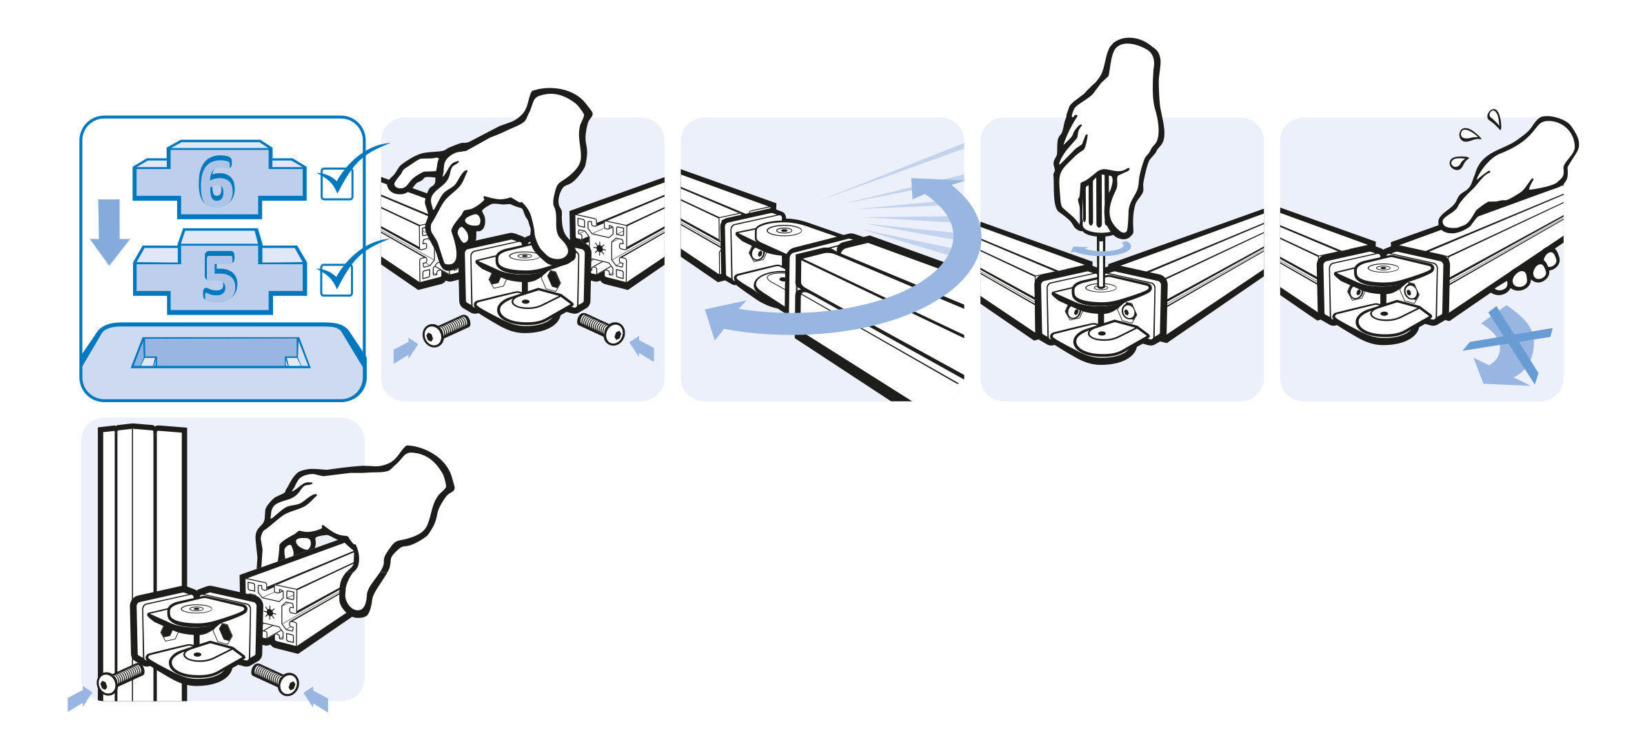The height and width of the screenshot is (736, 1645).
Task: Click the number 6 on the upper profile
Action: point(216,181)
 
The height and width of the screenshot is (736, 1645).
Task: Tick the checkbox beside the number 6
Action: point(337,184)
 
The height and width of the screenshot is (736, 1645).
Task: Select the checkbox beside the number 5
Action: point(336,280)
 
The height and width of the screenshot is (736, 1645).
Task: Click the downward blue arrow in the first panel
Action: point(110,232)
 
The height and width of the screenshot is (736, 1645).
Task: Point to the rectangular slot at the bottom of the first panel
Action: point(221,352)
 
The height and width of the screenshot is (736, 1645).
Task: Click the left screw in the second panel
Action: point(446,330)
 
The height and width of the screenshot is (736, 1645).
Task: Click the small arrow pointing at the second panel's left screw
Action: point(405,350)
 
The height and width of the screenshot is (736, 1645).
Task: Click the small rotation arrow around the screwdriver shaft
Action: point(1101,248)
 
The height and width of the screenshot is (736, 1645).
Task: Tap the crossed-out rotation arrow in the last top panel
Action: point(1507,345)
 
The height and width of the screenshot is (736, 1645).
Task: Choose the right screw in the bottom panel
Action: point(275,679)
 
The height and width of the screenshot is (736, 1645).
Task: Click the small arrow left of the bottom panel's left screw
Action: point(79,699)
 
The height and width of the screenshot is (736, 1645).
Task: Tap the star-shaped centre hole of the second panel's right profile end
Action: point(600,248)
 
